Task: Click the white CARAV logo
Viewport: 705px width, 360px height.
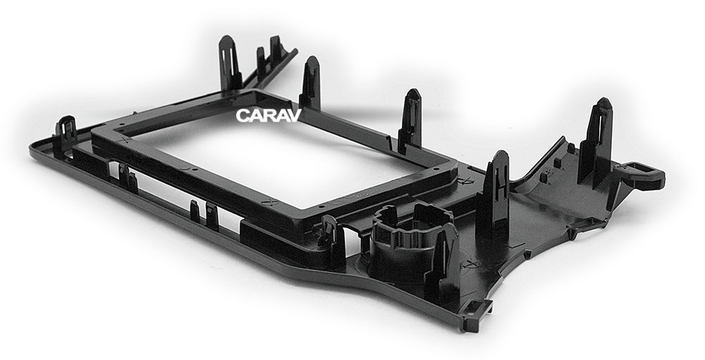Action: pyautogui.click(x=268, y=116)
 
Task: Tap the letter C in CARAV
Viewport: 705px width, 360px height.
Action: pyautogui.click(x=243, y=116)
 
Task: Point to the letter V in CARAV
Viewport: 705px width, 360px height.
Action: pyautogui.click(x=293, y=116)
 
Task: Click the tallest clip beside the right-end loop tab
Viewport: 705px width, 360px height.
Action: pyautogui.click(x=596, y=142)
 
